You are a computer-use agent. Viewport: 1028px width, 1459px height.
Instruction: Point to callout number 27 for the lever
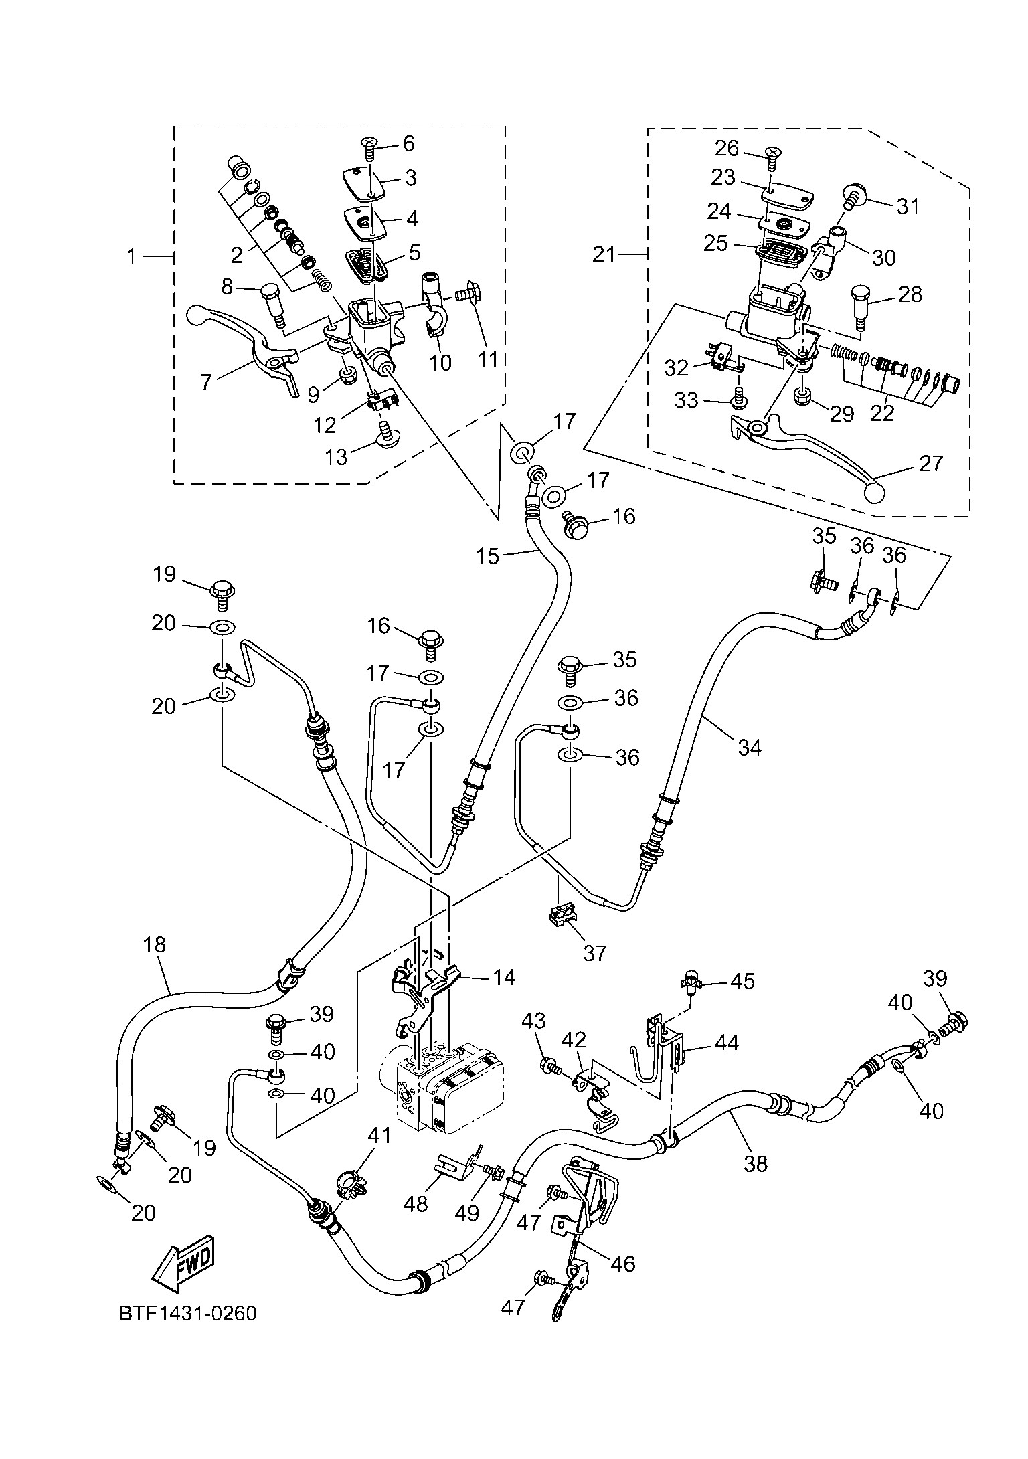[x=930, y=463]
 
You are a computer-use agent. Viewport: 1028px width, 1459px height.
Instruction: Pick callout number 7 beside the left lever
[x=205, y=381]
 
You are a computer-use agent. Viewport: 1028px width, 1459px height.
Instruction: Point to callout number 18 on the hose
[x=154, y=945]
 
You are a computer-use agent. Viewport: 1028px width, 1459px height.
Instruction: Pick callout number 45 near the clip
[x=742, y=982]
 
